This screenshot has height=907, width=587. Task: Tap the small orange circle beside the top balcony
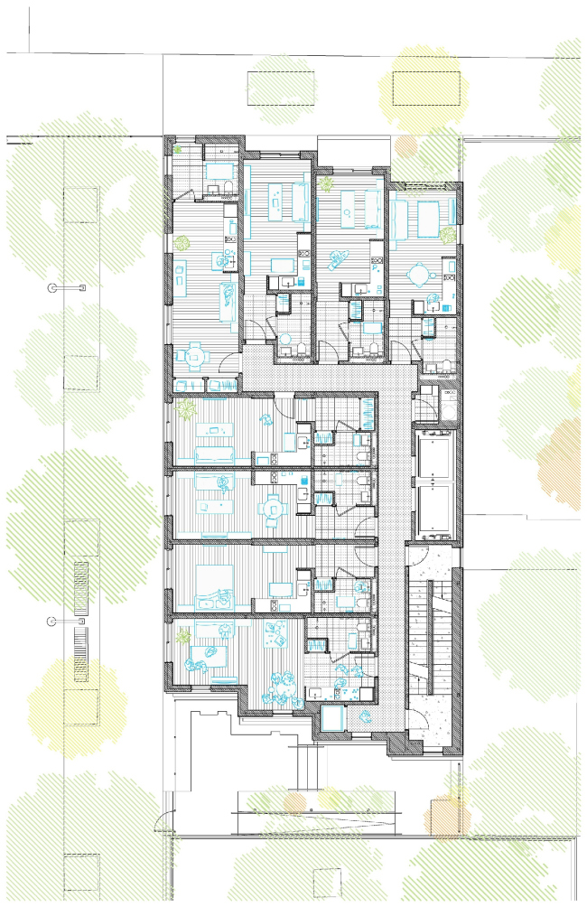[405, 145]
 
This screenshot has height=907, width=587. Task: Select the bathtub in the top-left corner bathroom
[218, 171]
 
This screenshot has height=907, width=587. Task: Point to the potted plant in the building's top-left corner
[179, 148]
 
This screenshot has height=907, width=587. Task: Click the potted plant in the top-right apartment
[446, 233]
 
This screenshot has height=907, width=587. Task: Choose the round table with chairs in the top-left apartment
[195, 356]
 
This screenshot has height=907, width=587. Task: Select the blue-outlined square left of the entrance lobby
[333, 718]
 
